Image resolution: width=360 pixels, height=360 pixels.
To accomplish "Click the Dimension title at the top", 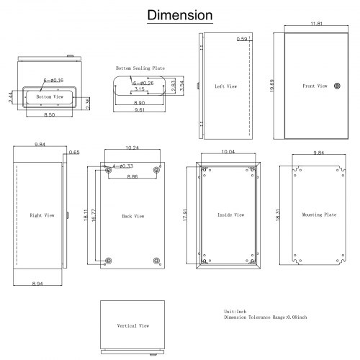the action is [x=180, y=15].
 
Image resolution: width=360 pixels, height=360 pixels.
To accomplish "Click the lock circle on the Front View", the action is [x=337, y=86].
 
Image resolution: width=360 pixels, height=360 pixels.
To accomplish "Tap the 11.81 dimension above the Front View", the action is [x=317, y=24].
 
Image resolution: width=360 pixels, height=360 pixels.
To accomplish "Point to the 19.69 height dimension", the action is [x=272, y=86].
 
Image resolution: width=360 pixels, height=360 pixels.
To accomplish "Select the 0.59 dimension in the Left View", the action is [x=242, y=39].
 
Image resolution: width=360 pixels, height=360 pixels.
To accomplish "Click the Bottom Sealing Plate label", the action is [x=140, y=68].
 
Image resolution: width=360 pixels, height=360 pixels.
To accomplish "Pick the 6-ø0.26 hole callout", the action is [x=143, y=83].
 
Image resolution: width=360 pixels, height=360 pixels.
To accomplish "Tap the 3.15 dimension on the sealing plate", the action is [x=140, y=89].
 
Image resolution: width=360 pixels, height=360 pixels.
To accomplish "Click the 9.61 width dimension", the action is [x=140, y=109].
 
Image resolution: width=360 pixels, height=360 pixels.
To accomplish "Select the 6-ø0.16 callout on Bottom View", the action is [x=53, y=80].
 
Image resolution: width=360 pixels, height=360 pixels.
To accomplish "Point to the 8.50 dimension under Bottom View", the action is [x=49, y=114].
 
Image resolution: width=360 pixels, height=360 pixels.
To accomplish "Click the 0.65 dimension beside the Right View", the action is [x=74, y=153].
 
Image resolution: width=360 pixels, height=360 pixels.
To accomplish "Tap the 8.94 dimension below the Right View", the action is [x=37, y=284].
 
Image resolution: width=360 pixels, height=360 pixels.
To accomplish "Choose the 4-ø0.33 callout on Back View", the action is [x=122, y=166].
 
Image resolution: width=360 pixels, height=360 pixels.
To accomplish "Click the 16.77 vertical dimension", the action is [x=94, y=215].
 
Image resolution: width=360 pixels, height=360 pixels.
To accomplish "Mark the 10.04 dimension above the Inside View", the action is [x=228, y=152].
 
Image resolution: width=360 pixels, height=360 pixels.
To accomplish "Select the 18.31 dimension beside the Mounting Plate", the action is [x=278, y=215].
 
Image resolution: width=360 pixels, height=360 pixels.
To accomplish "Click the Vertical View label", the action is [x=133, y=325].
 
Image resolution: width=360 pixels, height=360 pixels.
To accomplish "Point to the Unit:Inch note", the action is [x=235, y=312].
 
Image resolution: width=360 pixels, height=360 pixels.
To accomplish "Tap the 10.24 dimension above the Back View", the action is [x=132, y=148].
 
